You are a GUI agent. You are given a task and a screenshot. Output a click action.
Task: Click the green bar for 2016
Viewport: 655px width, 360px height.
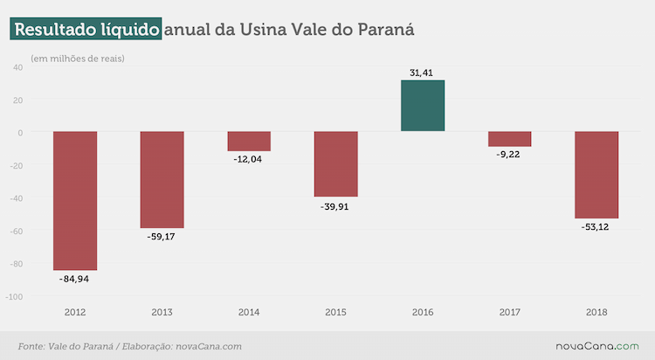pos(423,106)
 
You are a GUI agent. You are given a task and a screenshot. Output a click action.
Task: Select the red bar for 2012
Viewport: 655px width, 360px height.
pos(75,201)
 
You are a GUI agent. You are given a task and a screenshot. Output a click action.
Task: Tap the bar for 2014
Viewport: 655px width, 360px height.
pos(249,142)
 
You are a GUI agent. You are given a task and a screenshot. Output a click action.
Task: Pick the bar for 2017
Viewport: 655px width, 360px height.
pos(510,139)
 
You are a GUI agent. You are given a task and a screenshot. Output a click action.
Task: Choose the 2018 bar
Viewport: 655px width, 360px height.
pos(596,175)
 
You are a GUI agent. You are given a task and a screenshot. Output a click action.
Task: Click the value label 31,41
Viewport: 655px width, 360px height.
pos(421,73)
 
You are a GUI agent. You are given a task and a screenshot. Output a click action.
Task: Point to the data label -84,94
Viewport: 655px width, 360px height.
pos(74,279)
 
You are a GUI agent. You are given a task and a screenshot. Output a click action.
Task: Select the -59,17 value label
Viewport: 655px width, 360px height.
pos(161,237)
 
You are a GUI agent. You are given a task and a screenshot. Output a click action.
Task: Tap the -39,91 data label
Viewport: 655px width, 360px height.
pos(334,206)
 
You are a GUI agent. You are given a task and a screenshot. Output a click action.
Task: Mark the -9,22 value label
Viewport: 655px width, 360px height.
pos(508,155)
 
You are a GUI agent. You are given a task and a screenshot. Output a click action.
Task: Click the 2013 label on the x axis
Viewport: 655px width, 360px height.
pos(162,312)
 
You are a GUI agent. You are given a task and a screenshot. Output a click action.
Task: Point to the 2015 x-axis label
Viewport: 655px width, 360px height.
pos(336,312)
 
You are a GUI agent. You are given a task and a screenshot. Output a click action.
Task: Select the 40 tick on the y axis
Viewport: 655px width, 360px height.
pos(17,67)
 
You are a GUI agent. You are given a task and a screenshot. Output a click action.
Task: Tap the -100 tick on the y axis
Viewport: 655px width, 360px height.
pos(14,297)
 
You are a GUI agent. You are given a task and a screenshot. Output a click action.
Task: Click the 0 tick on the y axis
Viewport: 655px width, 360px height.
pos(20,133)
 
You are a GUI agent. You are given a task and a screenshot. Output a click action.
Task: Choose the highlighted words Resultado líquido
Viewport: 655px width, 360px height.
pos(86,29)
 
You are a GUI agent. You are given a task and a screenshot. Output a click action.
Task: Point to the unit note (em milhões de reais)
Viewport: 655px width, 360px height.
pos(78,59)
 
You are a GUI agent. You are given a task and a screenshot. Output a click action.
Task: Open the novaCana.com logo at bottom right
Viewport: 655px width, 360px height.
pos(597,346)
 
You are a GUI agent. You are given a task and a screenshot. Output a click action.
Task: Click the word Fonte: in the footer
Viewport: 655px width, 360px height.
pos(31,347)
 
